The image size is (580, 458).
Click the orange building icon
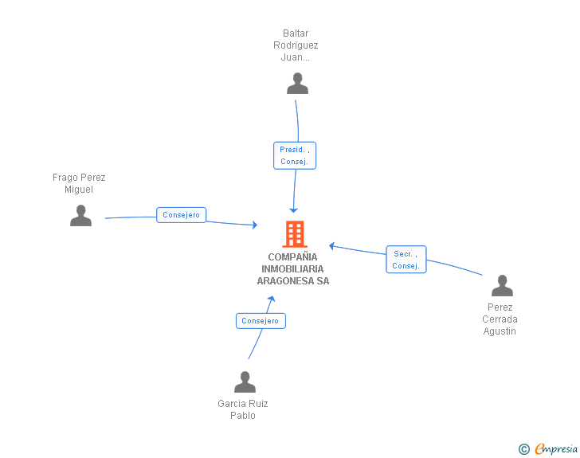pos(295,234)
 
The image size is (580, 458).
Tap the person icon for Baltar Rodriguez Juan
pos(297,84)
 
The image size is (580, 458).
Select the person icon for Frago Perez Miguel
pos(80,215)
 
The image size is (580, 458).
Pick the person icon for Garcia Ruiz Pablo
pos(245,382)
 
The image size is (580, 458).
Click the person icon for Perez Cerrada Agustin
pos(502,286)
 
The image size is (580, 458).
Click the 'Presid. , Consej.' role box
pos(295,155)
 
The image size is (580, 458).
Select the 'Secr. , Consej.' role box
pos(406,260)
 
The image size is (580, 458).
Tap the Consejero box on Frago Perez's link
pos(182,215)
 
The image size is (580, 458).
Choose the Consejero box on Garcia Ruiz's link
pos(261,321)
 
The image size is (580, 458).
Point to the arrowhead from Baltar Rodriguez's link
pos(294,210)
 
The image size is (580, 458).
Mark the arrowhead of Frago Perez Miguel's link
pos(255,225)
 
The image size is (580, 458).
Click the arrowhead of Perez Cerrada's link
pos(331,246)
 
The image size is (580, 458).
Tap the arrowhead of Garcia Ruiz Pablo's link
pos(272,299)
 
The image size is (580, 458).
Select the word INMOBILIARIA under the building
pos(292,269)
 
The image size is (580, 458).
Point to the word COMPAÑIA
pos(292,256)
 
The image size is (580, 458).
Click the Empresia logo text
pos(556,448)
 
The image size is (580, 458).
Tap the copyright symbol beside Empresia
pos(524,449)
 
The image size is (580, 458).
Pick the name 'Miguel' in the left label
pos(79,190)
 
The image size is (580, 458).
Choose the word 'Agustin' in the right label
pos(500,331)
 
